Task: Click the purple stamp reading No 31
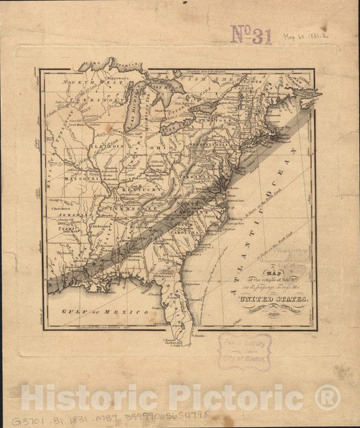251,34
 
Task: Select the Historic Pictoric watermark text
180,398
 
